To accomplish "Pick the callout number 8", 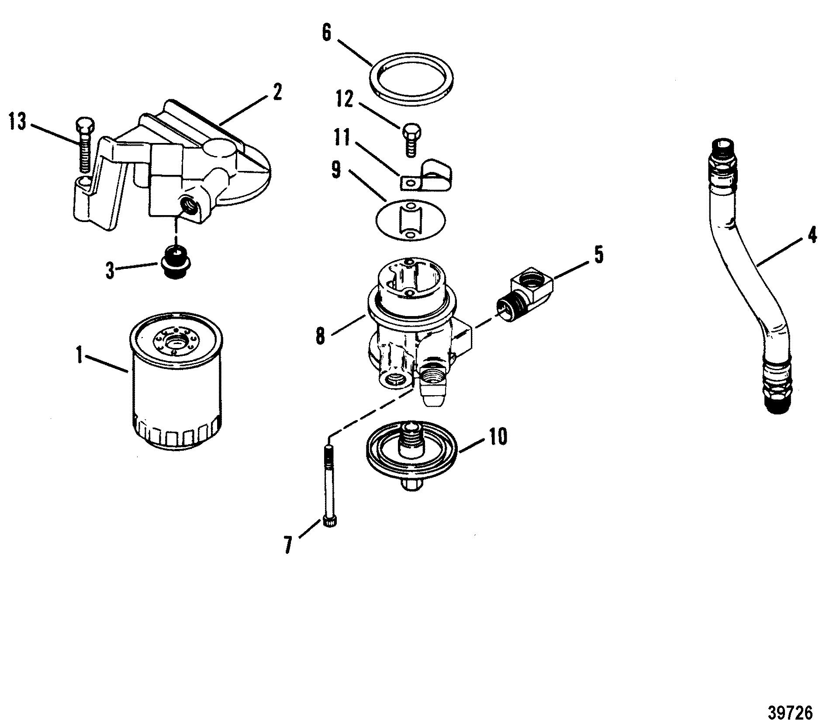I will [x=321, y=336].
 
